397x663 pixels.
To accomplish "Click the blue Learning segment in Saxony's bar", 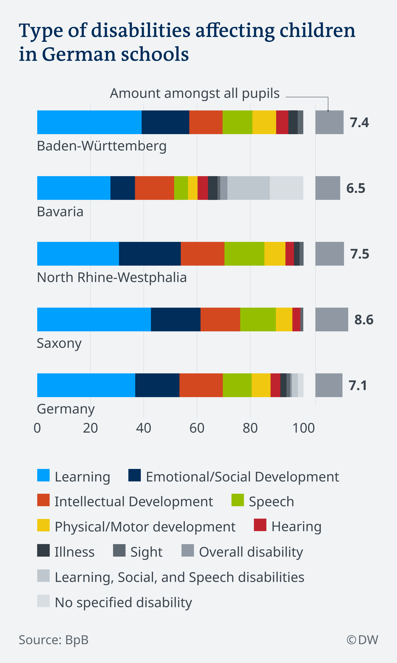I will [x=94, y=319].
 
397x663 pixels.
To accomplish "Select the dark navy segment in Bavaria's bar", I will [x=123, y=188].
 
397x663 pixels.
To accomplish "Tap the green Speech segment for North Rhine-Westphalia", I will [x=244, y=254].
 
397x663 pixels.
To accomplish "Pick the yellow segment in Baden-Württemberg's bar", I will [x=264, y=122].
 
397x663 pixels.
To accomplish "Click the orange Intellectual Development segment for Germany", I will [x=201, y=385].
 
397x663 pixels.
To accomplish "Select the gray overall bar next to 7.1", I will [x=329, y=385].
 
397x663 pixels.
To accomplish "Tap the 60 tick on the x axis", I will [x=197, y=428].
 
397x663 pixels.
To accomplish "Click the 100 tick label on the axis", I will [x=303, y=428].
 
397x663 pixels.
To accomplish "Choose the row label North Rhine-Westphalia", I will [x=112, y=277].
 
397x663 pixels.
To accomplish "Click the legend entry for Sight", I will [x=146, y=552].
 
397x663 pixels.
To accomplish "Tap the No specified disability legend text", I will [x=123, y=603].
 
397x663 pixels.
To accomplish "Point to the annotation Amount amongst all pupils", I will [x=195, y=93].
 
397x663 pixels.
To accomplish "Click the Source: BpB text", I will [x=54, y=640].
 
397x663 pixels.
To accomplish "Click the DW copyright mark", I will [x=362, y=640].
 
